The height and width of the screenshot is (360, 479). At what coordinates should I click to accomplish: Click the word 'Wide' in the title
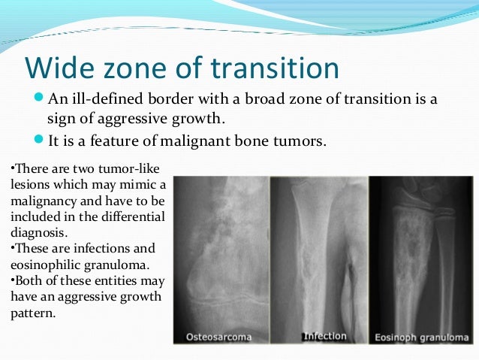click(57, 67)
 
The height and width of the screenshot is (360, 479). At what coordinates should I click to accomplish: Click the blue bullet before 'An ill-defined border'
click(41, 99)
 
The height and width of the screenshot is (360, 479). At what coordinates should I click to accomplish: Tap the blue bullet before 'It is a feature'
click(41, 139)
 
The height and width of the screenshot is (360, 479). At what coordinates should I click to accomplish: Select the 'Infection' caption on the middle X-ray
click(324, 335)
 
